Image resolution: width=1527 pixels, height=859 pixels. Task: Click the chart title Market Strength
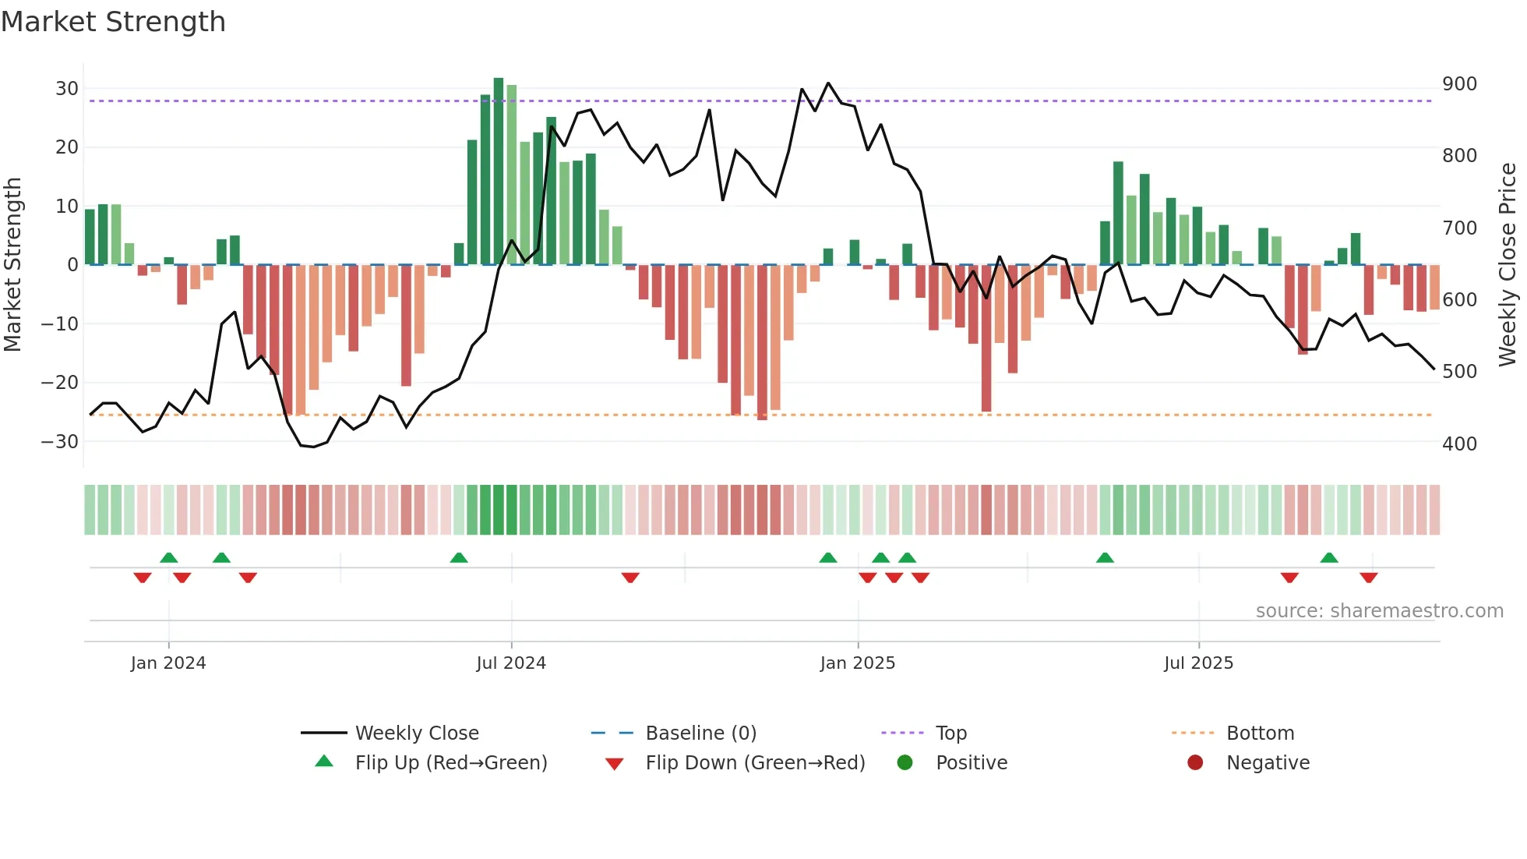pyautogui.click(x=113, y=22)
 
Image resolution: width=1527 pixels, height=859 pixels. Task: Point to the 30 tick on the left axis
pyautogui.click(x=67, y=89)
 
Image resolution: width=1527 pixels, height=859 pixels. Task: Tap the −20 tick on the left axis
pyautogui.click(x=61, y=383)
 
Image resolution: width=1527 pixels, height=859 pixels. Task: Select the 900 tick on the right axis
pyautogui.click(x=1459, y=84)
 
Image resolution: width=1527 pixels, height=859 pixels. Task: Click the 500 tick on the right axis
pyautogui.click(x=1459, y=372)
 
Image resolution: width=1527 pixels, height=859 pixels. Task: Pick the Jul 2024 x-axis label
pyautogui.click(x=511, y=663)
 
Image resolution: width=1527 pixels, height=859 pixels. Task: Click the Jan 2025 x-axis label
pyautogui.click(x=857, y=663)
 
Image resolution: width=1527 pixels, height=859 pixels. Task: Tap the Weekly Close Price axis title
pyautogui.click(x=1508, y=265)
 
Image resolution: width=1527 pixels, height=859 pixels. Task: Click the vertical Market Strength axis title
pyautogui.click(x=12, y=265)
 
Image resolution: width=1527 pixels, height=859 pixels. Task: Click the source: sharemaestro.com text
pyautogui.click(x=1379, y=611)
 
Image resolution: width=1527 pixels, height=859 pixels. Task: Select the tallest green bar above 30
pyautogui.click(x=499, y=171)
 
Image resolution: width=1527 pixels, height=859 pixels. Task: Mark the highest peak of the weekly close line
pyautogui.click(x=828, y=83)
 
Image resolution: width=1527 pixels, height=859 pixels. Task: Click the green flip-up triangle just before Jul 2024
pyautogui.click(x=459, y=557)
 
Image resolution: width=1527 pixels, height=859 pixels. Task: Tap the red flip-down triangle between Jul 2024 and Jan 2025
pyautogui.click(x=630, y=578)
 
